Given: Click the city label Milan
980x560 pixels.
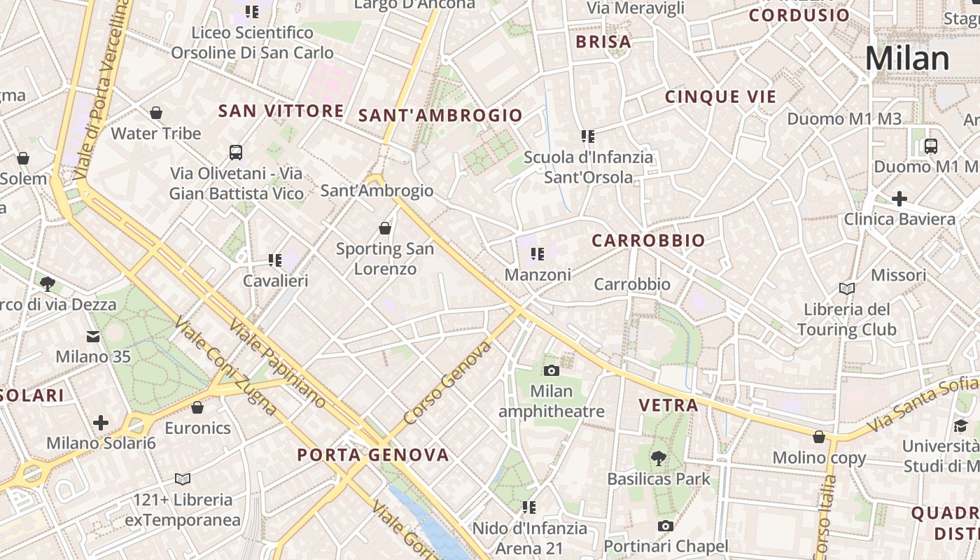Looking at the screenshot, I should click(908, 58).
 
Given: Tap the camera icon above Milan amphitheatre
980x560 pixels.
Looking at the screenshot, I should click(552, 370).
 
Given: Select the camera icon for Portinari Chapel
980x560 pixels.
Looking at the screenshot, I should click(665, 526).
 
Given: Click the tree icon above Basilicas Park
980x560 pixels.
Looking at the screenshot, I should click(658, 458).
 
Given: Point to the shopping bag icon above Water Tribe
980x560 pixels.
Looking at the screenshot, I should click(156, 113).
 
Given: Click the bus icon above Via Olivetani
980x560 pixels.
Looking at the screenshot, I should click(236, 152).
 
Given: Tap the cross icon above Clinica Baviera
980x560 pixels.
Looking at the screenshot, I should click(899, 199).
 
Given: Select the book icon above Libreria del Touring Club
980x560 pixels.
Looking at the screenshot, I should click(847, 288).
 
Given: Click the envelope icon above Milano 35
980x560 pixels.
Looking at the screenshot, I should click(93, 337).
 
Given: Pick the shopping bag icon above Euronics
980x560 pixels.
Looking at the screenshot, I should click(197, 407).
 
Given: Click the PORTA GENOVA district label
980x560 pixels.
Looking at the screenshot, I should click(373, 455).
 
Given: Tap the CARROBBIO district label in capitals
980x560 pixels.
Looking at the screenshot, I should click(648, 241).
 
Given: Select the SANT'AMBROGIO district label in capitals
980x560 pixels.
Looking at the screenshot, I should click(440, 115).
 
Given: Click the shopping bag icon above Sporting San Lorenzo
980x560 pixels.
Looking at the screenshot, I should click(384, 228).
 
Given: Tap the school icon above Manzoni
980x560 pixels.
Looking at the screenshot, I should click(538, 254).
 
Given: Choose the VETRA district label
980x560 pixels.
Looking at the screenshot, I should click(668, 405).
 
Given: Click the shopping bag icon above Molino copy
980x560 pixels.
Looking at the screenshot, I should click(819, 437).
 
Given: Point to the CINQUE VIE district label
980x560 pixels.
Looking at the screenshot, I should click(721, 97).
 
